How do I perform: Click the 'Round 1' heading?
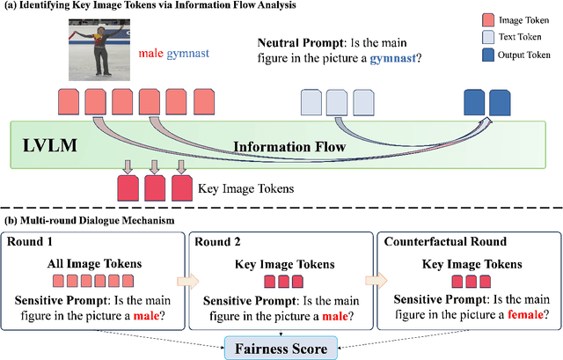32,242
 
